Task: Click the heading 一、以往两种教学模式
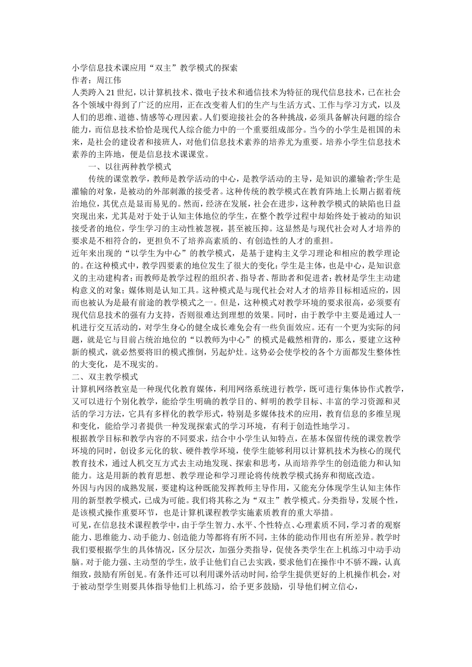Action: coord(130,167)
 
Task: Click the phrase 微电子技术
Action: coord(214,92)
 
